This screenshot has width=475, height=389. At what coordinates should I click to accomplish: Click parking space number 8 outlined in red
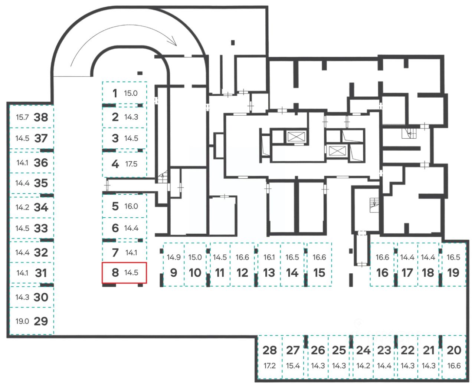(124, 273)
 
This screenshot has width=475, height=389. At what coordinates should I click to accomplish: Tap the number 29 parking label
(41, 321)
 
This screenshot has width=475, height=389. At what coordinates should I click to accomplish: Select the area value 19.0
(22, 321)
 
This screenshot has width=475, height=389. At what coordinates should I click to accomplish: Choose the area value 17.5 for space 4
(131, 164)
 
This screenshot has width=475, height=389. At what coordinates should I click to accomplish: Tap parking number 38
(41, 117)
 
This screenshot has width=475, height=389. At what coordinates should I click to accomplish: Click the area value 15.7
(22, 117)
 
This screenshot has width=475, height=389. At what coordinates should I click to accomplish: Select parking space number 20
(454, 350)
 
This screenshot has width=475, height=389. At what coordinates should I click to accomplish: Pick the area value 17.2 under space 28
(270, 366)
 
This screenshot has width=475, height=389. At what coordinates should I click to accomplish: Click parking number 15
(319, 273)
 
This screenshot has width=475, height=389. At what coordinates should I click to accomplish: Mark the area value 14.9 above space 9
(173, 257)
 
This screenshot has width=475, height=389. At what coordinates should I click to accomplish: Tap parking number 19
(453, 273)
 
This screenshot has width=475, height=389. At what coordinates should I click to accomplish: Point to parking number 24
(363, 350)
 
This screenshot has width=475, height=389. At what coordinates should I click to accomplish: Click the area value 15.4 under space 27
(293, 366)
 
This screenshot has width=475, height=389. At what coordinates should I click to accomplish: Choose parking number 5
(115, 206)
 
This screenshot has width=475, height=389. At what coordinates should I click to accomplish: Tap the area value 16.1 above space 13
(269, 257)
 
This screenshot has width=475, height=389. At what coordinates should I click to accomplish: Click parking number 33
(41, 228)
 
